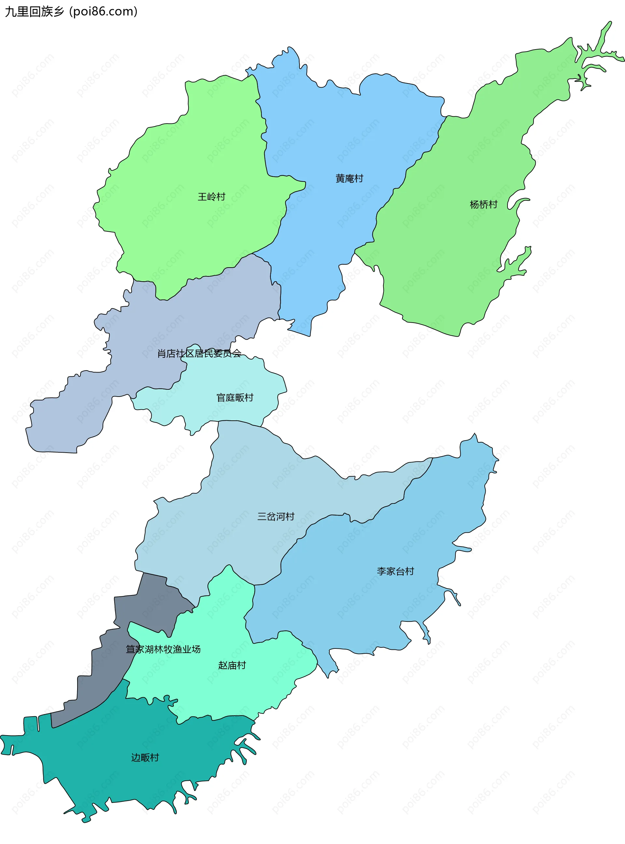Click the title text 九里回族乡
coord(35,11)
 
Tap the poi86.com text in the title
coord(103,11)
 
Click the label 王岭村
coord(212,196)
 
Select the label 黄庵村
coord(349,178)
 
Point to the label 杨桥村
coord(483,204)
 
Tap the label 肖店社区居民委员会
coord(199,353)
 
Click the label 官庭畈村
coord(235,398)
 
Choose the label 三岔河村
coord(276,517)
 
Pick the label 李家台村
coord(396,571)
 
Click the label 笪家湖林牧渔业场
coord(163,649)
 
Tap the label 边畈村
coord(145,757)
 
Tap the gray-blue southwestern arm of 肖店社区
coord(68,420)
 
